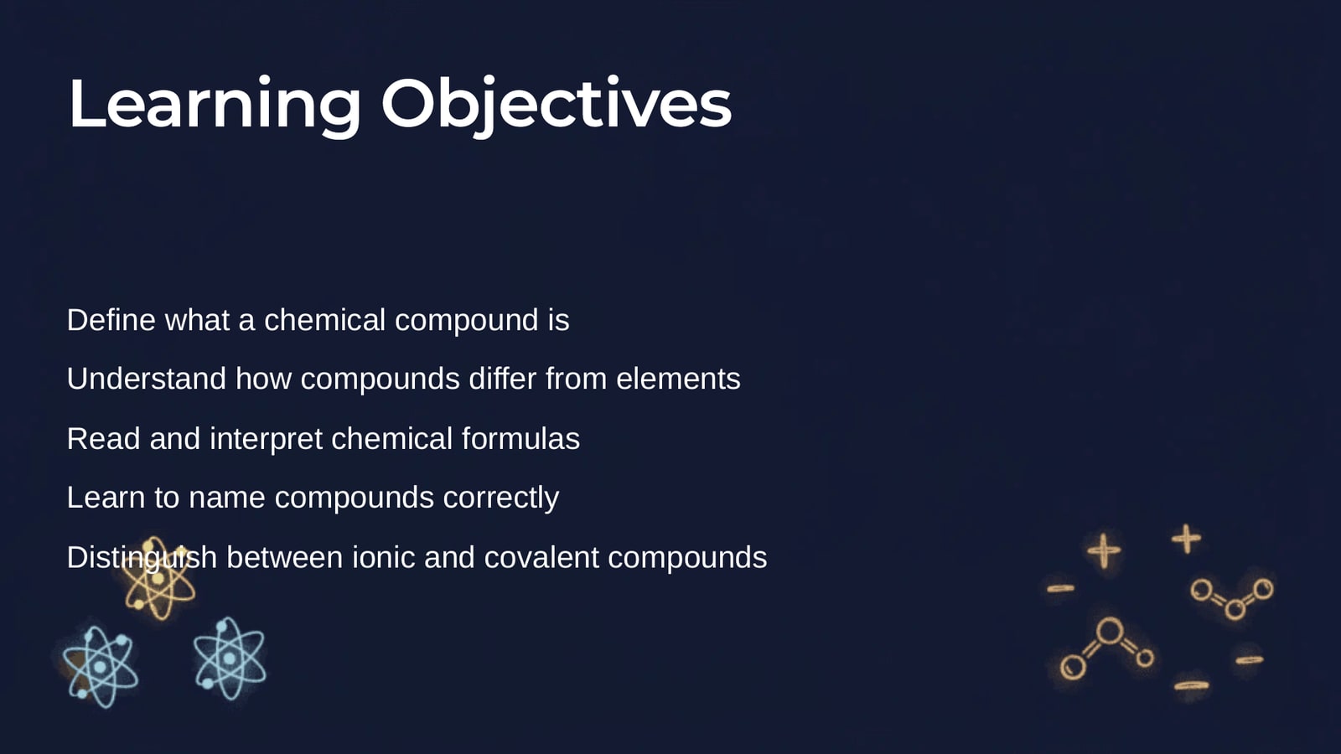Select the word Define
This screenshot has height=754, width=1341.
tap(111, 319)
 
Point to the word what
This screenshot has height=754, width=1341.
tap(197, 319)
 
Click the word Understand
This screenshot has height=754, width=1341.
tap(147, 378)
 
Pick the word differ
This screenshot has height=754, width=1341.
tap(502, 378)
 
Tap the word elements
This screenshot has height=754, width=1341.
tap(678, 378)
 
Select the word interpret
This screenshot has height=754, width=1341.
tap(267, 440)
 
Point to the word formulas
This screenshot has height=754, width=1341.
tap(520, 438)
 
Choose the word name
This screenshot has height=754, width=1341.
tap(227, 498)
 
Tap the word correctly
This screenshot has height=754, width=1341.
tap(501, 498)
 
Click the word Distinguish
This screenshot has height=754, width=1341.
tap(142, 558)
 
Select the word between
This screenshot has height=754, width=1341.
tap(285, 556)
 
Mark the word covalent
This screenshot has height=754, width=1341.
tap(541, 556)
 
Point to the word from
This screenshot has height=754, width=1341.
tap(576, 378)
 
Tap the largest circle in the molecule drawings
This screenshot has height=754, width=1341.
tap(1110, 620)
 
